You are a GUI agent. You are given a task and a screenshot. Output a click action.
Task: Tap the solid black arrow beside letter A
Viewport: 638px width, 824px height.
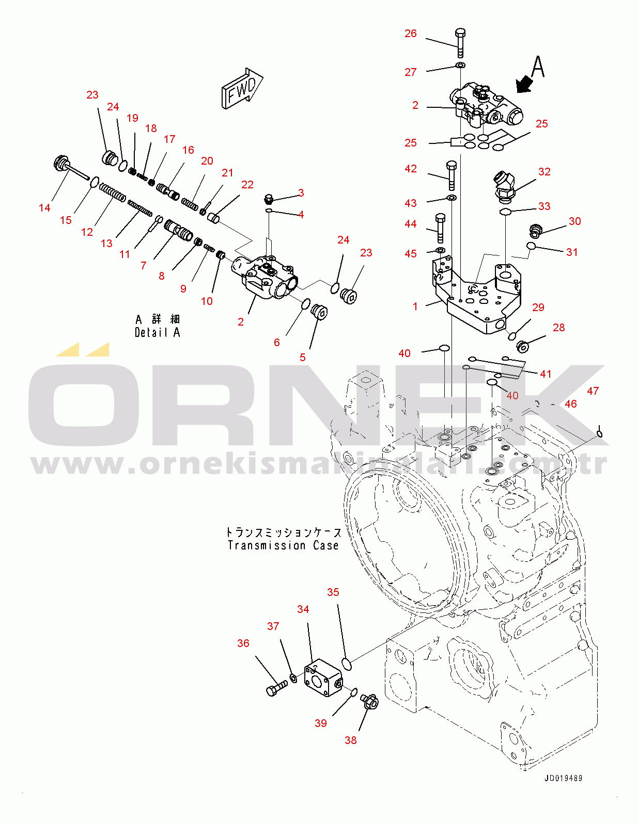click(x=525, y=84)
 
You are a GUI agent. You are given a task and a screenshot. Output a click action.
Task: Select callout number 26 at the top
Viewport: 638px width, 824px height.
click(x=410, y=34)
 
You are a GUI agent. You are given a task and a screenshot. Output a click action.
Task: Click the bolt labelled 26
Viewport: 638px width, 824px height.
click(x=460, y=43)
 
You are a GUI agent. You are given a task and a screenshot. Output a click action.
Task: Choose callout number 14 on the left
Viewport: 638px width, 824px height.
click(x=44, y=208)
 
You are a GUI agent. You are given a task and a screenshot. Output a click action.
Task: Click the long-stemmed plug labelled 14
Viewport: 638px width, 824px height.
click(x=70, y=167)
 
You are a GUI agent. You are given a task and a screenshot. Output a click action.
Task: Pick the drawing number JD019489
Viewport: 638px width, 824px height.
click(x=563, y=778)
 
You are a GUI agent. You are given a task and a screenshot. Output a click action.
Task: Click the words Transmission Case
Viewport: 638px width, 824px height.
click(x=283, y=545)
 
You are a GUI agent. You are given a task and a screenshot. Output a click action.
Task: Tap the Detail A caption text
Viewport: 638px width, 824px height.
click(x=158, y=332)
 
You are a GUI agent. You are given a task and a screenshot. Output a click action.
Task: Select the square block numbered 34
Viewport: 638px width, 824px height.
click(x=323, y=678)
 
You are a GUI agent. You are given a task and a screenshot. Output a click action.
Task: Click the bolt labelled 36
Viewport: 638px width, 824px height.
click(x=276, y=688)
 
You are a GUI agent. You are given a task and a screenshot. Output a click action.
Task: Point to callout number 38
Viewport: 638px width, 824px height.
click(x=350, y=740)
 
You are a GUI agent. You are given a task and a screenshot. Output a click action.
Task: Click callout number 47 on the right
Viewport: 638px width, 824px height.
click(x=593, y=391)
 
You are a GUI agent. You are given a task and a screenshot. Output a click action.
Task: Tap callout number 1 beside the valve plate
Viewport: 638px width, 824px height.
click(x=415, y=306)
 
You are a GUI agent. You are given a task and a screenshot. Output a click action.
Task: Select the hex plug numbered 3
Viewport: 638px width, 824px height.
click(x=269, y=199)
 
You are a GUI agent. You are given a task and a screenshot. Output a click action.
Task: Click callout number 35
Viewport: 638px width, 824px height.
click(x=333, y=592)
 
